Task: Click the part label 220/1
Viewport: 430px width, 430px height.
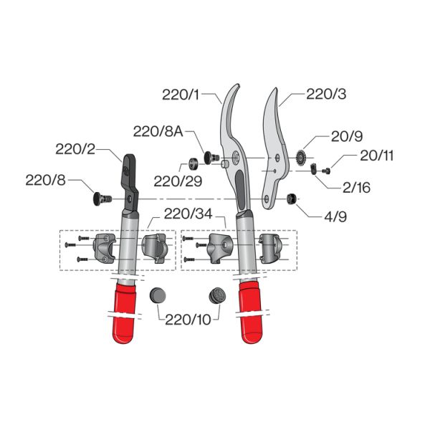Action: (x=181, y=95)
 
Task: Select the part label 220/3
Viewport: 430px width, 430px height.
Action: (x=326, y=94)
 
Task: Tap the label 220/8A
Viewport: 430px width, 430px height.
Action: (x=158, y=131)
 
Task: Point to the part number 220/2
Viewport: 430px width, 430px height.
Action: (x=75, y=149)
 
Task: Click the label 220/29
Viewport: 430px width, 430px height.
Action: (x=178, y=181)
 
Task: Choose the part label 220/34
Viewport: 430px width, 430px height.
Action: (x=188, y=214)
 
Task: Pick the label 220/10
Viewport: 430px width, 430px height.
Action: (x=188, y=320)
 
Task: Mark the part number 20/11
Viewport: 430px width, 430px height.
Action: (x=376, y=156)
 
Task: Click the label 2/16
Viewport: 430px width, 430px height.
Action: (x=356, y=188)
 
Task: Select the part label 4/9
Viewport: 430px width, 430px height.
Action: (x=335, y=216)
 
